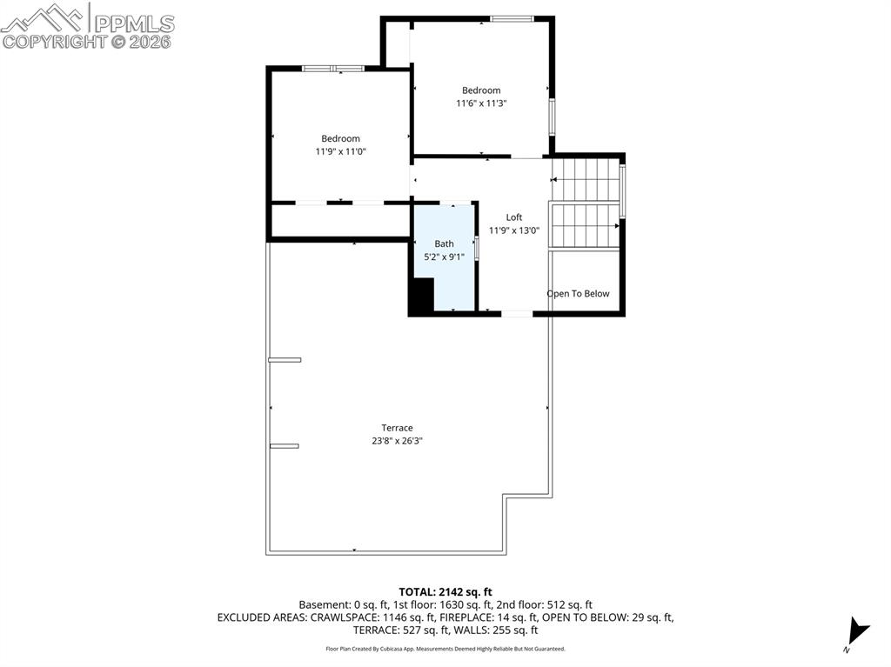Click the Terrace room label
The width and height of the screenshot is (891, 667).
pos(397,427)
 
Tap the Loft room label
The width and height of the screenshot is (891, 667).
pos(514,217)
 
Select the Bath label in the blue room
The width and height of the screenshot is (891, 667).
pos(444,243)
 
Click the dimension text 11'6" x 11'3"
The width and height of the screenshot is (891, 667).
pos(481,103)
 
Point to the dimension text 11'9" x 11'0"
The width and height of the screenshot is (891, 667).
pos(340,151)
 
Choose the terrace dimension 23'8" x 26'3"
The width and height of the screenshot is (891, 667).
pos(397,441)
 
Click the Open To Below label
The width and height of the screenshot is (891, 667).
pos(578,294)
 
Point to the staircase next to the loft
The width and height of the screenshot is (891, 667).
pos(586,203)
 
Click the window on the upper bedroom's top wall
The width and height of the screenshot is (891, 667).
pos(512,18)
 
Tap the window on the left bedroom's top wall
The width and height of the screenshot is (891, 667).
pos(332,68)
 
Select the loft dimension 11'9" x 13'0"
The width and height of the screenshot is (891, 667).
pos(514,231)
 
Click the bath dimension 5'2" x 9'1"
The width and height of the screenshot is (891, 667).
pos(444,257)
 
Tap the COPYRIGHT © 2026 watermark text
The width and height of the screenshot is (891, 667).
pos(87,41)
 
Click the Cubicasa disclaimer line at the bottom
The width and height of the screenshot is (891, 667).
pos(445,649)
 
